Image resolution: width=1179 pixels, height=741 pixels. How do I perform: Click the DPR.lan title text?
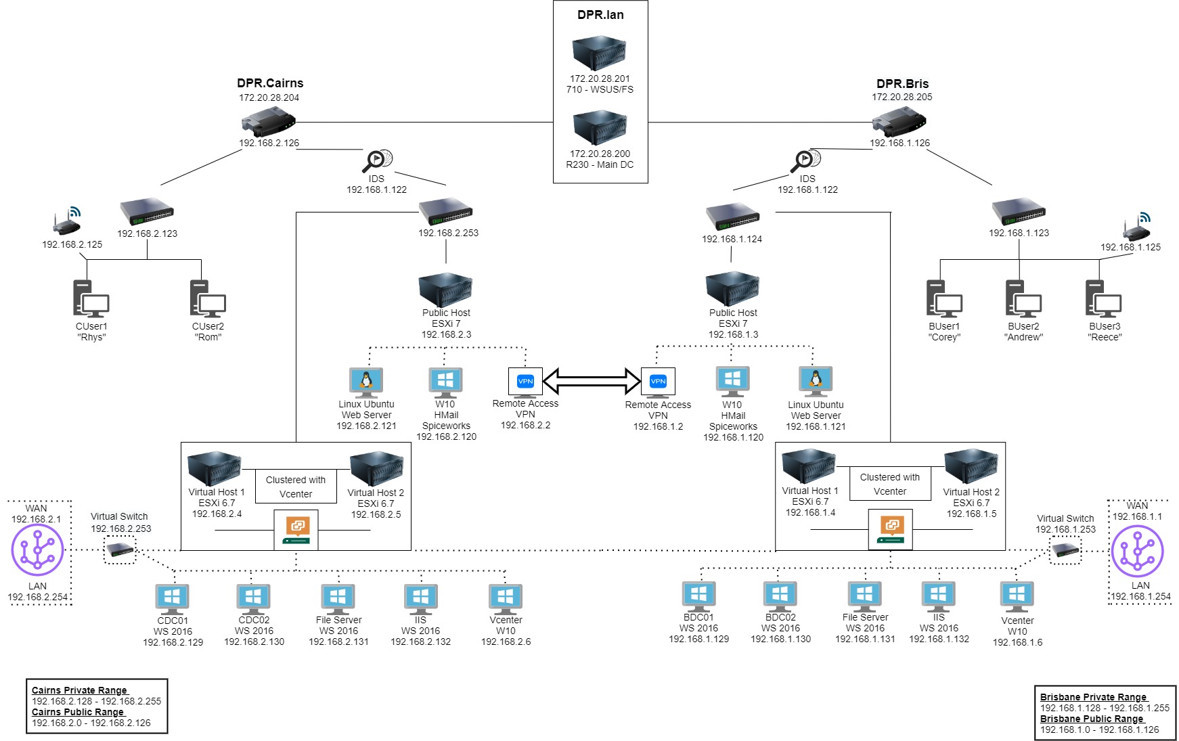(600, 15)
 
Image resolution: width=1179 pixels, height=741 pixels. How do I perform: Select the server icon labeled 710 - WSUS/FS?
(599, 53)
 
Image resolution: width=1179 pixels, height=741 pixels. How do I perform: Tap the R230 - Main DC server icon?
(599, 128)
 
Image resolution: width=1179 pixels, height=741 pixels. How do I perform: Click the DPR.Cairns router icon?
(268, 122)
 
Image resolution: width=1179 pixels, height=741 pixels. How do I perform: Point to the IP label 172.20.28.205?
(902, 97)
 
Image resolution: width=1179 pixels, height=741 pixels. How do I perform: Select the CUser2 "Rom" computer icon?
(208, 299)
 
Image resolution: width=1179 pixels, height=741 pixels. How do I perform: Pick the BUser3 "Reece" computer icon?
(1103, 299)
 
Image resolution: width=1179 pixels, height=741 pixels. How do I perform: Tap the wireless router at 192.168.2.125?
(68, 223)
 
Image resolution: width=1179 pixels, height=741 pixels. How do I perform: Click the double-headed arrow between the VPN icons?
(592, 381)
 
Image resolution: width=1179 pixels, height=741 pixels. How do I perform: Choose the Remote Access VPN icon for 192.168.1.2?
(658, 381)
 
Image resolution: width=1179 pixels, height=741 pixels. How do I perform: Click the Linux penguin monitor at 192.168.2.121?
(366, 382)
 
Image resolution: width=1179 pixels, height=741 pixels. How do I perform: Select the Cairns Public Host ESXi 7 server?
(445, 290)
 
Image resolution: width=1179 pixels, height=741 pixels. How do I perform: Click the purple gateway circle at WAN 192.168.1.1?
(1137, 552)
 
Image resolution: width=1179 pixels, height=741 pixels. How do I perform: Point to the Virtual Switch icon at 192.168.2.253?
(120, 549)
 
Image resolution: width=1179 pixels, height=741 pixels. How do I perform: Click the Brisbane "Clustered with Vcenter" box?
(889, 484)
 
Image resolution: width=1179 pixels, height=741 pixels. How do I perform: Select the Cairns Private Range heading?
(79, 690)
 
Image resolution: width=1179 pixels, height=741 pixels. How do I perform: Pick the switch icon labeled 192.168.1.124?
(732, 217)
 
